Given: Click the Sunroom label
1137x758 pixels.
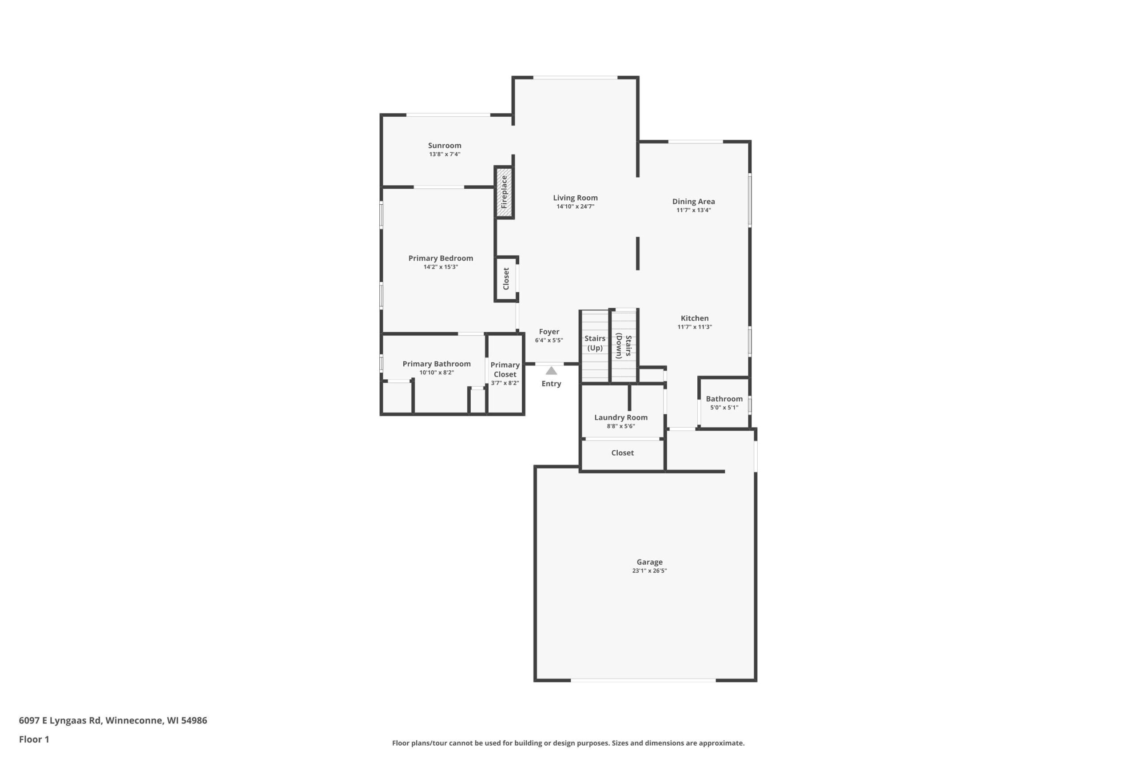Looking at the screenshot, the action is click(444, 146).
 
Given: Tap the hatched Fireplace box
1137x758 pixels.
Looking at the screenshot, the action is click(504, 192).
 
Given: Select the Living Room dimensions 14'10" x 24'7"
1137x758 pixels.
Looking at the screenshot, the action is click(575, 206).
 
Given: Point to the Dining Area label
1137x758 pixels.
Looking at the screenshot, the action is click(693, 202).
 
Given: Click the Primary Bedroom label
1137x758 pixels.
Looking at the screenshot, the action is click(441, 258).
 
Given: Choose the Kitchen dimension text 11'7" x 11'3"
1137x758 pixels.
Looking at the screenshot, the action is click(695, 327).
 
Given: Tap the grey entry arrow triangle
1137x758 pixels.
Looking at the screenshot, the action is click(551, 371).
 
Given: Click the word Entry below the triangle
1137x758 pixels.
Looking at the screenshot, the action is click(551, 384).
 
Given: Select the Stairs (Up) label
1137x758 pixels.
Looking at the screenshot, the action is click(595, 343).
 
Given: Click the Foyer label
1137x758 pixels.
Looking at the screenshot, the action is click(549, 332).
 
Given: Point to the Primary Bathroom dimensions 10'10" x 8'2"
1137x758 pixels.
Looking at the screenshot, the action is click(437, 373).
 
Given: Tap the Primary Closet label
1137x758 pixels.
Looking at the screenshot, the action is click(505, 370).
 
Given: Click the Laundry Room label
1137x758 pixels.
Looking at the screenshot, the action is click(621, 418).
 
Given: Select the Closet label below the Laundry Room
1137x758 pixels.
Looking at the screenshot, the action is click(622, 453).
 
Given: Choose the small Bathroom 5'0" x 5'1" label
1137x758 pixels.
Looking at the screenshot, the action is click(724, 403).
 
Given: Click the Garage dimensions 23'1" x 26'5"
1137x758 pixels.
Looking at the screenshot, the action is click(649, 571).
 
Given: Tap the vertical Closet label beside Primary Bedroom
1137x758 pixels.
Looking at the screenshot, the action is click(506, 279).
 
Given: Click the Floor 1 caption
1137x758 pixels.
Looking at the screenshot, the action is click(34, 739).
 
